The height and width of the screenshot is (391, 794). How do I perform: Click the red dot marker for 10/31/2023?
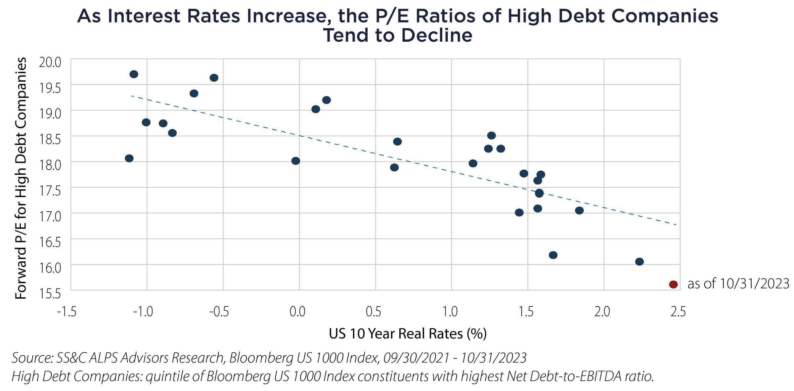[673, 284]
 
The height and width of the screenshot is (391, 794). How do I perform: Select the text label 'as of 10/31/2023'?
[738, 284]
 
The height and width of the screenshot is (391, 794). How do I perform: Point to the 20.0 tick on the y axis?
[50, 62]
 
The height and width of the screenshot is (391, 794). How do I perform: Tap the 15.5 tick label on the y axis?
[50, 293]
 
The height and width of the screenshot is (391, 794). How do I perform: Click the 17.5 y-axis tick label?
[50, 191]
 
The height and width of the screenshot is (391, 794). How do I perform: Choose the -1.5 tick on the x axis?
[67, 312]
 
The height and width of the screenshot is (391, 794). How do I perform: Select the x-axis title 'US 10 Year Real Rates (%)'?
[408, 334]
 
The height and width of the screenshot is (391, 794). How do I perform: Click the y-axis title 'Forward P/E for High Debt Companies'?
[21, 178]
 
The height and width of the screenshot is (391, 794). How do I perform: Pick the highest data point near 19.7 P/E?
[134, 74]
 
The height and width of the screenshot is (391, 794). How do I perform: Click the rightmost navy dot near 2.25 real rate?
[640, 262]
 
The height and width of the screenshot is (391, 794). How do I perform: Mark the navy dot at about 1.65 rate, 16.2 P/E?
[553, 255]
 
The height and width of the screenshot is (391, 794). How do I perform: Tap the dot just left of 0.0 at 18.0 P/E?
[296, 161]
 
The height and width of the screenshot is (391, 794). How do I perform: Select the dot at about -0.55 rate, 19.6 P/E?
[214, 78]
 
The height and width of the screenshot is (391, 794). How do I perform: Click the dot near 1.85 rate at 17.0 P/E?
[579, 210]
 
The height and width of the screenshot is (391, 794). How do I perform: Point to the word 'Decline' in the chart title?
[437, 35]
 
